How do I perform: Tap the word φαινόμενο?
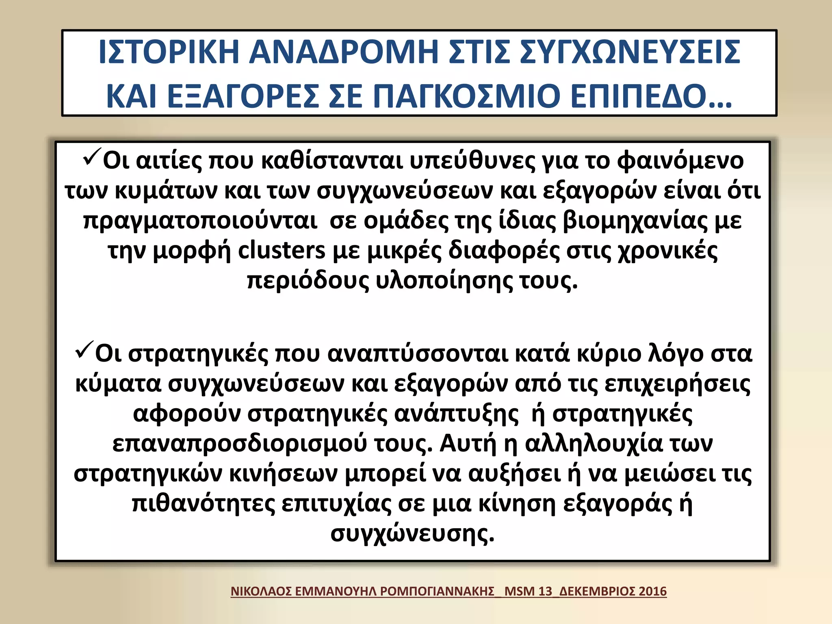[x=680, y=160]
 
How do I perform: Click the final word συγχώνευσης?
[x=412, y=533]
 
